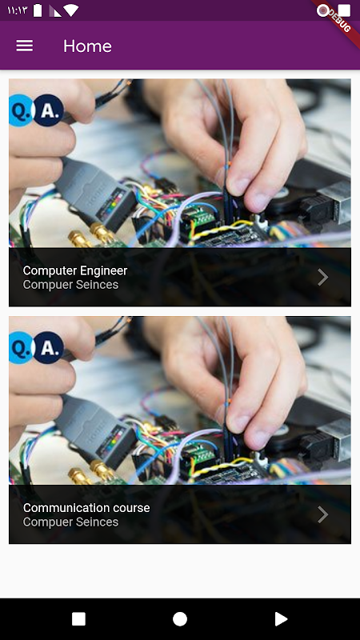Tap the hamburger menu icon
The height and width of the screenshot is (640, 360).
pos(25,46)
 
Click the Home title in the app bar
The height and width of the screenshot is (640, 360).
pos(87,46)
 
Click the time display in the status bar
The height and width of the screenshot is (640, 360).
pos(17,10)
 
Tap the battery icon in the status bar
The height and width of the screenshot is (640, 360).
pos(38,10)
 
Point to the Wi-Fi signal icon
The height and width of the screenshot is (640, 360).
pos(70,10)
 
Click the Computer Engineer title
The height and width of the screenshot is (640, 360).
pos(75,270)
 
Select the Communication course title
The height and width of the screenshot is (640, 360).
pos(86,508)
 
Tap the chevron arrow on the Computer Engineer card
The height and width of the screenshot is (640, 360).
pos(323,277)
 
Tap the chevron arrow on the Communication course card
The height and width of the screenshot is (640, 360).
pos(323,514)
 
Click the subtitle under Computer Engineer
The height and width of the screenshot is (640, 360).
pos(70,285)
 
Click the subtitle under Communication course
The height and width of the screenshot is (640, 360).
pos(70,522)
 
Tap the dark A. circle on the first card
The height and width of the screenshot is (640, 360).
pos(48,110)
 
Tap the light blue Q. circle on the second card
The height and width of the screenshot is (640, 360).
pos(20,347)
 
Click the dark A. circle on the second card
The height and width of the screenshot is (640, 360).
pos(48,347)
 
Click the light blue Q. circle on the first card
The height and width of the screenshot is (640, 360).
pos(20,110)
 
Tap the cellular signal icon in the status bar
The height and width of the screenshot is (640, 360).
pos(55,11)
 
